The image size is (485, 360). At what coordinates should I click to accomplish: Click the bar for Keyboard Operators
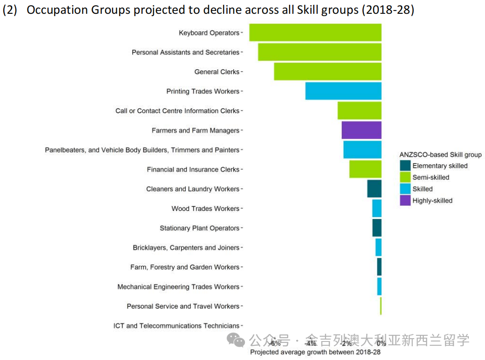(x=315, y=33)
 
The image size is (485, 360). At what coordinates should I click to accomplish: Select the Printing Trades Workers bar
(x=343, y=91)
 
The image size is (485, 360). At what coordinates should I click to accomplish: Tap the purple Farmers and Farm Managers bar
(x=361, y=130)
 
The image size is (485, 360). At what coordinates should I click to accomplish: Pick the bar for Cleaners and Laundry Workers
(x=374, y=189)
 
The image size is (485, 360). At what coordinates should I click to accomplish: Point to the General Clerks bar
(x=327, y=72)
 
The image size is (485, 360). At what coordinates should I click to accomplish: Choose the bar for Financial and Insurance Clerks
(x=365, y=169)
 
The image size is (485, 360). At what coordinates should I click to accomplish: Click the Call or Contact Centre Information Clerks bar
(x=359, y=111)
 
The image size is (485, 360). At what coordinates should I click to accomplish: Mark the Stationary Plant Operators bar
(x=377, y=228)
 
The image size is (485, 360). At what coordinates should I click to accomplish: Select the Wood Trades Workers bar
(x=377, y=208)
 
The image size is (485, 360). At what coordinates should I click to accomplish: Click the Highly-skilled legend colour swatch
(x=405, y=200)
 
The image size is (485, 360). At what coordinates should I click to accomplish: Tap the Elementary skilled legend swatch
(x=405, y=166)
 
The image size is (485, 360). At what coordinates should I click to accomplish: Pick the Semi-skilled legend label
(x=430, y=178)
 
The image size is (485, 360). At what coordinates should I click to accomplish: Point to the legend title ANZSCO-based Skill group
(x=440, y=154)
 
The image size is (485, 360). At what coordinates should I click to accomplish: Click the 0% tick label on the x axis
(x=381, y=343)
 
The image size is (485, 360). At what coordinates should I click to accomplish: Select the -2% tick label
(x=345, y=343)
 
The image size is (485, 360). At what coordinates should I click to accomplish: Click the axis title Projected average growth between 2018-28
(x=315, y=352)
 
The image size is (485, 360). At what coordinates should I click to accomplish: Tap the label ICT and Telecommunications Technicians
(x=176, y=326)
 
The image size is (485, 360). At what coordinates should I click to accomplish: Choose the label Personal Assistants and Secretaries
(x=186, y=52)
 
